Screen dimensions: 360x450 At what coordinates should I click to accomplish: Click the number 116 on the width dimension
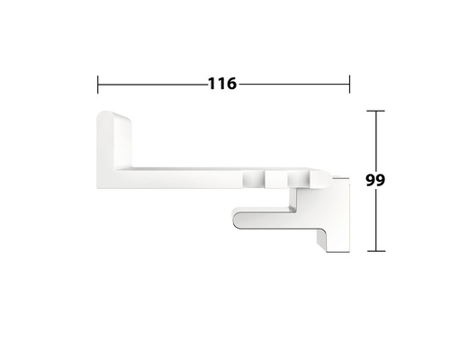tap(221, 85)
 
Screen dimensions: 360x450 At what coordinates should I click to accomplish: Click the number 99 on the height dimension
tap(376, 179)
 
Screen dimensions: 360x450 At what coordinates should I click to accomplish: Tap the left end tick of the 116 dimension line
tap(97, 85)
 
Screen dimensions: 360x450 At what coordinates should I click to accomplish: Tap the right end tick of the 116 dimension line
tap(348, 85)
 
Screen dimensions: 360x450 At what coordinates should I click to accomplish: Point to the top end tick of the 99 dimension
tap(376, 111)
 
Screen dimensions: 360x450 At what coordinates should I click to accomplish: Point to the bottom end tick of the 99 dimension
tap(376, 251)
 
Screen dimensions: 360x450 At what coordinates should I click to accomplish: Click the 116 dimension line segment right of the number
tap(292, 85)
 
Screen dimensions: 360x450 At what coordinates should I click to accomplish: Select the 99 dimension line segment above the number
tap(376, 139)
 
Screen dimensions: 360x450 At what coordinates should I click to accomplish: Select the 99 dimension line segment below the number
tap(376, 220)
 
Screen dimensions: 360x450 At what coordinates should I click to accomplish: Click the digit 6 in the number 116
tap(230, 85)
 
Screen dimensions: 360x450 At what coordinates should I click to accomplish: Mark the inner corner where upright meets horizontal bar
tap(134, 167)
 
